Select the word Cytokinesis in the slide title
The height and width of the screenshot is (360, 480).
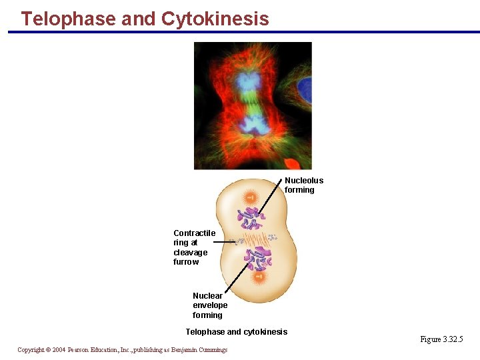[x=215, y=19]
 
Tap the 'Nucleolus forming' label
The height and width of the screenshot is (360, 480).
[x=304, y=185]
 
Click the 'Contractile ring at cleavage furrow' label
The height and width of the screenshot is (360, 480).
[x=194, y=247]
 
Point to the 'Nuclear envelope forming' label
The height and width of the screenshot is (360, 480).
[x=210, y=305]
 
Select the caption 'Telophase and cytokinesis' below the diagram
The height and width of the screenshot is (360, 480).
[x=236, y=332]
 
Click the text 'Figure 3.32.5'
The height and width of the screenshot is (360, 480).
[x=441, y=340]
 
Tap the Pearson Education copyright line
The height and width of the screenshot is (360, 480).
[x=122, y=350]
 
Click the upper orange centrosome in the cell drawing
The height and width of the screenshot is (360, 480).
[x=251, y=198]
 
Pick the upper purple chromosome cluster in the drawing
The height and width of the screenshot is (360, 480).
[x=251, y=218]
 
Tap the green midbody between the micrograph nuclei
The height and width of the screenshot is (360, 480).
[x=251, y=103]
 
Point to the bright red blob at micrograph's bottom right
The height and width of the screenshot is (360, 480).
[x=293, y=163]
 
